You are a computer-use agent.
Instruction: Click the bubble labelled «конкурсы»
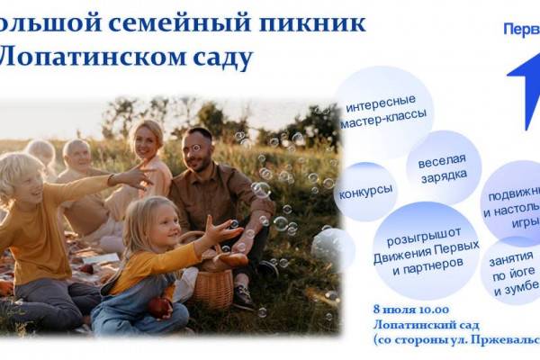(x=366, y=191)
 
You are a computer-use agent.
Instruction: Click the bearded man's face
(x=201, y=148)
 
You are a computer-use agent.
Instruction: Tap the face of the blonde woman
(x=146, y=141)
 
